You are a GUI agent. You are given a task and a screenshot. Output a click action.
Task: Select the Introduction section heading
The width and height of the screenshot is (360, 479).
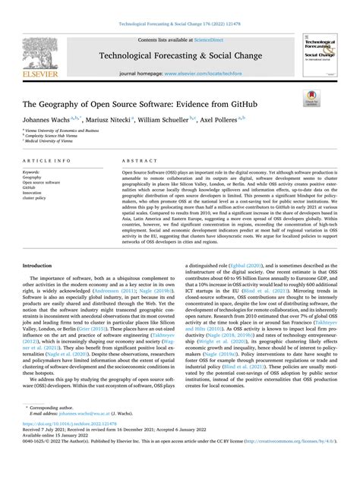click(43, 266)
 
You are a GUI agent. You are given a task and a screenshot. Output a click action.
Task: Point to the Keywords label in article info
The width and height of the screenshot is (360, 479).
click(35, 172)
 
